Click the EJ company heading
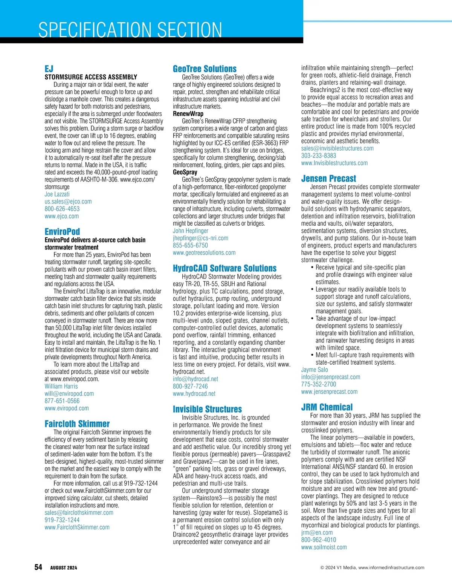click(49, 69)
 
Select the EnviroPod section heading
click(62, 231)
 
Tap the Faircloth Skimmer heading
click(77, 423)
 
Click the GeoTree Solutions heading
click(205, 69)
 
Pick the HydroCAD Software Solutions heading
click(224, 268)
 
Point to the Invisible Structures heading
click(207, 409)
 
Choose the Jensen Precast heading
click(328, 179)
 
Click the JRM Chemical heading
click(327, 407)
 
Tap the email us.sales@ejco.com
click(68, 202)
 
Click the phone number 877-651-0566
click(62, 401)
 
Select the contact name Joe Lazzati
click(57, 194)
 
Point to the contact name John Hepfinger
click(191, 231)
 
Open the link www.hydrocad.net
click(194, 394)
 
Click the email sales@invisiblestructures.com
click(337, 148)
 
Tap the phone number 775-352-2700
click(319, 384)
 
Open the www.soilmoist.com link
click(324, 547)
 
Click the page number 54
click(38, 567)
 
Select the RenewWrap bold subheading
click(188, 114)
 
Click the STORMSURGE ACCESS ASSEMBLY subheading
click(91, 77)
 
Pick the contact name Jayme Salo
click(315, 370)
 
